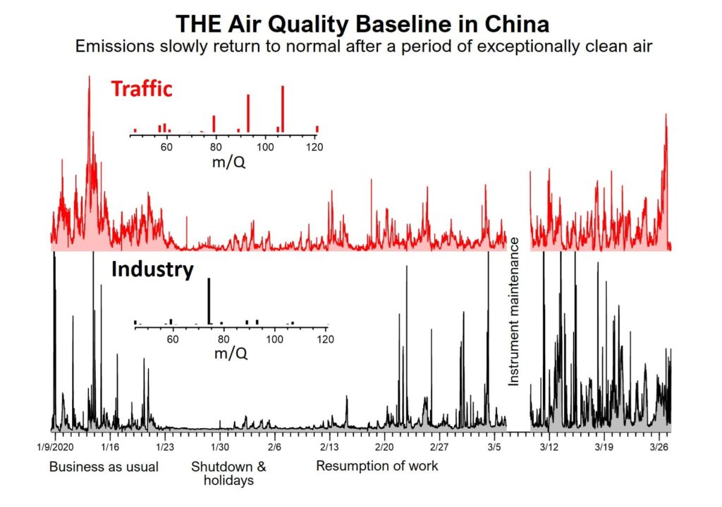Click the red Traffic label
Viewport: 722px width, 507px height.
click(141, 90)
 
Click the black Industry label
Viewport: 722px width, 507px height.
click(152, 269)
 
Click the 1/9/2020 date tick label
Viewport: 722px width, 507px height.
click(54, 447)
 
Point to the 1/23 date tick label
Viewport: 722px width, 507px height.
click(164, 447)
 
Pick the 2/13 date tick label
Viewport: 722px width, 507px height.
click(329, 447)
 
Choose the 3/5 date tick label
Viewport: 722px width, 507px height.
click(494, 447)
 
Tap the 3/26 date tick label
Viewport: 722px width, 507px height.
click(659, 447)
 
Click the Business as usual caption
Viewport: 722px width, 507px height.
click(104, 467)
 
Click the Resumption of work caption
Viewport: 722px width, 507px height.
click(377, 466)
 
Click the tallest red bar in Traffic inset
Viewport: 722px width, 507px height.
click(282, 109)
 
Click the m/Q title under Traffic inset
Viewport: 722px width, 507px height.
click(230, 163)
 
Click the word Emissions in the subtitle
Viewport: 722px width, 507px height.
click(112, 47)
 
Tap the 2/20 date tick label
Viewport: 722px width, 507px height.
click(384, 447)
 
